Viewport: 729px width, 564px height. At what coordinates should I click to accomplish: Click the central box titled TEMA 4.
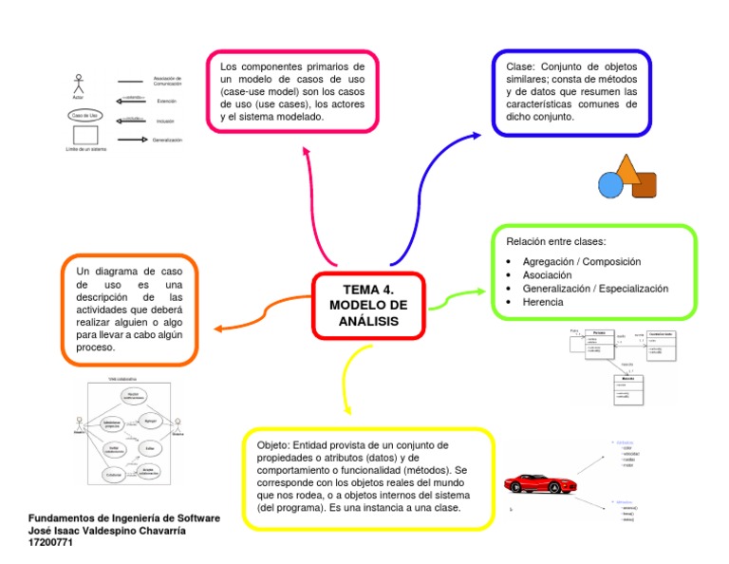(367, 305)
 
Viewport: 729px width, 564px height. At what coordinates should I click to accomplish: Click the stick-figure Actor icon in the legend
(78, 83)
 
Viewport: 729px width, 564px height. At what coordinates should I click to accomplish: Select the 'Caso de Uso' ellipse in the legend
(84, 115)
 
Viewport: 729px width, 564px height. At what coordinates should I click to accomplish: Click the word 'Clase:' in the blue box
(521, 67)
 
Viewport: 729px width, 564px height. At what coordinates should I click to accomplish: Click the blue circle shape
(610, 184)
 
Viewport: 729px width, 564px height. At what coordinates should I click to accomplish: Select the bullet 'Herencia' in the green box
(542, 302)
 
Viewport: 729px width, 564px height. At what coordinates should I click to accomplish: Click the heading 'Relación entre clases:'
(555, 242)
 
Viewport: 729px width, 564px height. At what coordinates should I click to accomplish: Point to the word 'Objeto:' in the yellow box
(275, 445)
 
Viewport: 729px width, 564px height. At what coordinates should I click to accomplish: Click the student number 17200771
(47, 544)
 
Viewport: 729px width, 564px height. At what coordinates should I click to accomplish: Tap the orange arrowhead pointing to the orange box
(217, 329)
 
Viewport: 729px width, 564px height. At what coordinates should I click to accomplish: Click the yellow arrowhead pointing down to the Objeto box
(346, 409)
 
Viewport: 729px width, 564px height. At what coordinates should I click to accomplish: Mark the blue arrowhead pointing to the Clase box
(476, 136)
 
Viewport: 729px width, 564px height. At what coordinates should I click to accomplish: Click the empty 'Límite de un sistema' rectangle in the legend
(85, 136)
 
